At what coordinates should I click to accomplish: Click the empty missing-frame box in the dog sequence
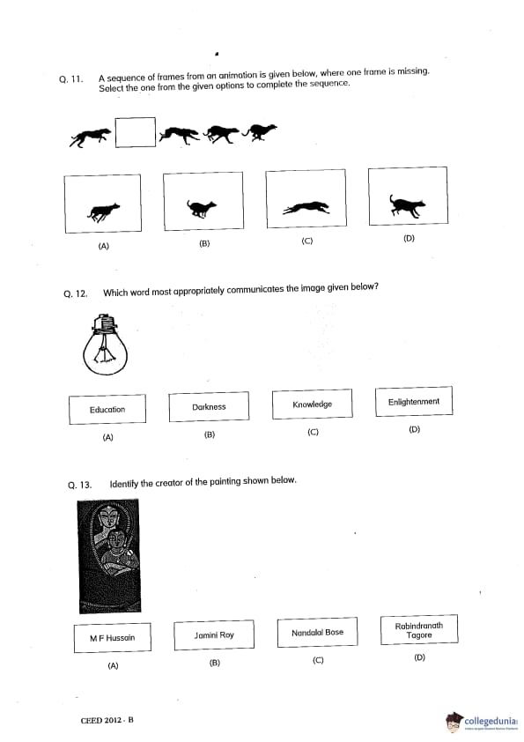pyautogui.click(x=136, y=132)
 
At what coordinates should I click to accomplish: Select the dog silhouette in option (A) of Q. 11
pyautogui.click(x=104, y=212)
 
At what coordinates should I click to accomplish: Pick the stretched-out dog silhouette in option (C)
pyautogui.click(x=306, y=208)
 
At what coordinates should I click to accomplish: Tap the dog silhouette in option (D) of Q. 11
pyautogui.click(x=407, y=205)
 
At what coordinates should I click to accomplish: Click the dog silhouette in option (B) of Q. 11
pyautogui.click(x=202, y=208)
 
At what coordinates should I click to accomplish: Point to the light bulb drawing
pyautogui.click(x=106, y=345)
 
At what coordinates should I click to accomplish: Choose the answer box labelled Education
pyautogui.click(x=107, y=409)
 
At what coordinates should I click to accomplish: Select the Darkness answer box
pyautogui.click(x=209, y=406)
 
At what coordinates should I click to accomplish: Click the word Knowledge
pyautogui.click(x=312, y=404)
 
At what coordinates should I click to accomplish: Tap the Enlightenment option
pyautogui.click(x=414, y=401)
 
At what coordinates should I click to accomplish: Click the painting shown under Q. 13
pyautogui.click(x=109, y=556)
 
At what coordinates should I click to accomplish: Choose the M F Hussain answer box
pyautogui.click(x=113, y=638)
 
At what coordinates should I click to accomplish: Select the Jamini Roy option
pyautogui.click(x=214, y=635)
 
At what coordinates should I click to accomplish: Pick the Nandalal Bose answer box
pyautogui.click(x=317, y=632)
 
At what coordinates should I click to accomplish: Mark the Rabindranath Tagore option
pyautogui.click(x=419, y=630)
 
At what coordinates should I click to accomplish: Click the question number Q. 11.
pyautogui.click(x=71, y=79)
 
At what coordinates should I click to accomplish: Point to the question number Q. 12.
pyautogui.click(x=76, y=293)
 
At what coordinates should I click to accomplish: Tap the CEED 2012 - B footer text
pyautogui.click(x=107, y=720)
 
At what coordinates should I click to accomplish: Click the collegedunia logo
pyautogui.click(x=482, y=722)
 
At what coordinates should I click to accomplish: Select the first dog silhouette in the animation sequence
pyautogui.click(x=90, y=137)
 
